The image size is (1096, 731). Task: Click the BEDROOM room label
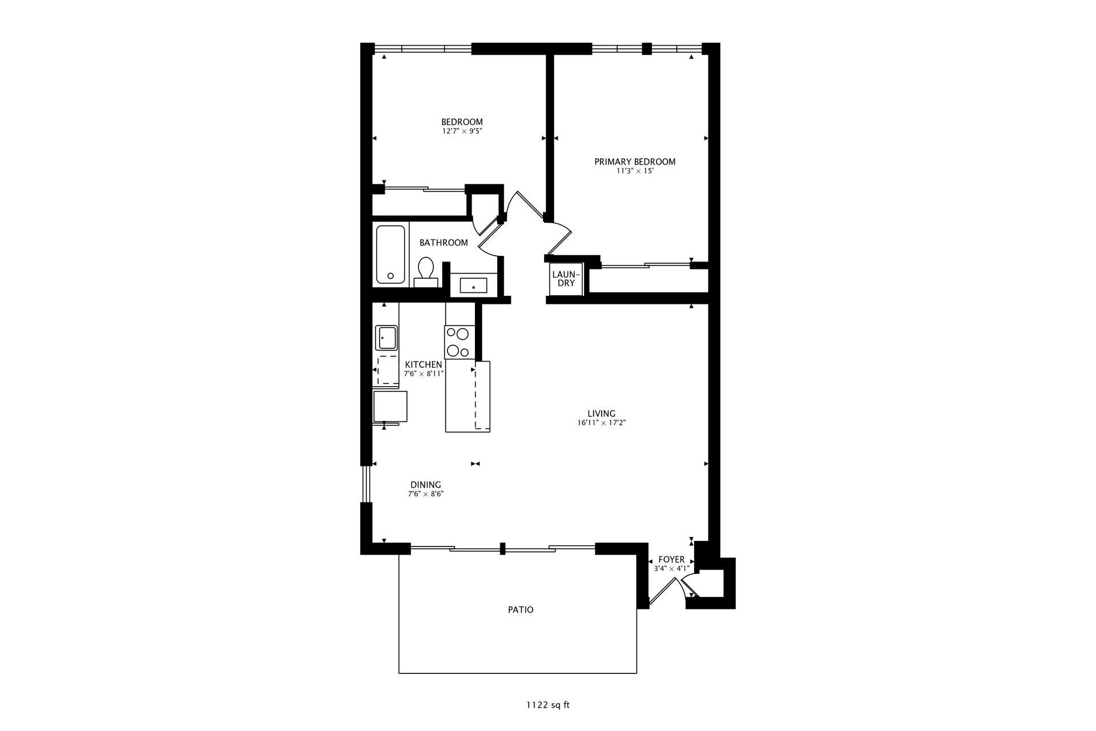click(x=462, y=122)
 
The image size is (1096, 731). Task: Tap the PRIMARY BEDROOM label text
click(x=635, y=162)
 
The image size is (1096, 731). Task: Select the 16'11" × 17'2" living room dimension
click(x=601, y=423)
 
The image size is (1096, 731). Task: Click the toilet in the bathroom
click(x=425, y=271)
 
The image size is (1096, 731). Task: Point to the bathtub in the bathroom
click(x=390, y=254)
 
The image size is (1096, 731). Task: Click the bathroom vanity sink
click(x=473, y=284)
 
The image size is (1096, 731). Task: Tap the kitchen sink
click(x=386, y=338)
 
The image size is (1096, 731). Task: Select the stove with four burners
click(x=460, y=342)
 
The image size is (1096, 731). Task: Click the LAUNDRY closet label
click(x=566, y=279)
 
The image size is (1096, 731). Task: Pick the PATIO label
click(x=521, y=610)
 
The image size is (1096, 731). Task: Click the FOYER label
click(x=671, y=560)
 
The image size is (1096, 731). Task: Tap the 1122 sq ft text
click(x=547, y=705)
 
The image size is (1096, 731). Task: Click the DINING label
click(x=425, y=485)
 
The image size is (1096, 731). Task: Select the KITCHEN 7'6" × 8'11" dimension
click(x=424, y=374)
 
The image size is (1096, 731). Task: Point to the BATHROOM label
click(x=444, y=243)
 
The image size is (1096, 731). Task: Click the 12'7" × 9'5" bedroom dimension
click(x=462, y=131)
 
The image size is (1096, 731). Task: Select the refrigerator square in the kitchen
click(x=390, y=406)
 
